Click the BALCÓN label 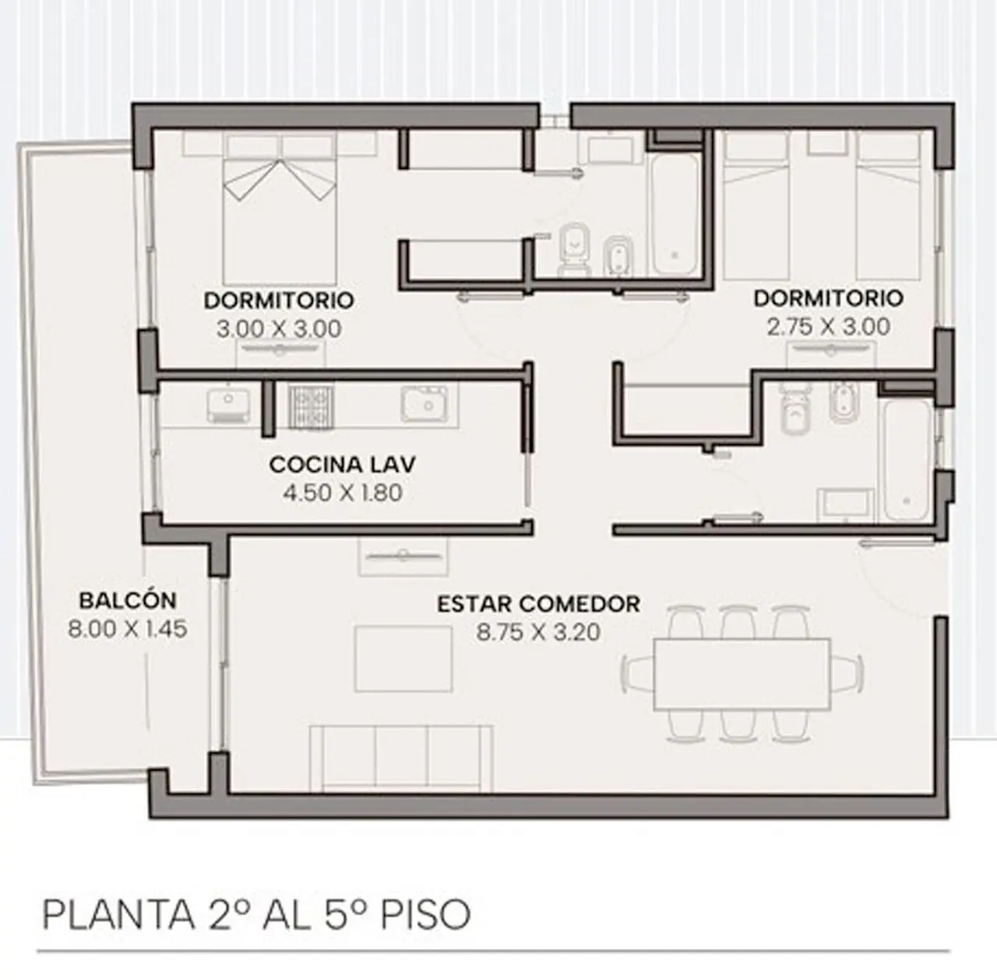[x=128, y=601]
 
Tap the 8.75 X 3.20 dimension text [x=538, y=632]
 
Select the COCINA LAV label [x=342, y=464]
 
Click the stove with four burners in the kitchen [x=312, y=407]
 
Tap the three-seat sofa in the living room [x=401, y=758]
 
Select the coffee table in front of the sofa [x=403, y=658]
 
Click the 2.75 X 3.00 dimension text [x=828, y=326]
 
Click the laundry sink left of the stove [x=227, y=407]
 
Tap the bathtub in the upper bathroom [x=675, y=214]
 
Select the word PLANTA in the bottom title [x=118, y=915]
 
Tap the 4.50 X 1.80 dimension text [x=342, y=493]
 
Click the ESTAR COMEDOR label [x=538, y=604]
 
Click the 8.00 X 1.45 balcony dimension [x=128, y=629]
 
